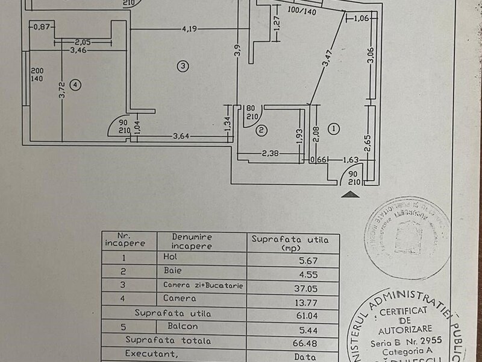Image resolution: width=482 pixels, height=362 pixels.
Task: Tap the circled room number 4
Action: tap(75, 85)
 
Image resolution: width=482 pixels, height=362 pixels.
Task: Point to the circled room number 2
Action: tap(261, 130)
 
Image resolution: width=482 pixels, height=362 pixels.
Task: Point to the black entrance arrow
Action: tap(350, 194)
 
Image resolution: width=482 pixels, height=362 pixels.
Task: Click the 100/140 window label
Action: tap(302, 11)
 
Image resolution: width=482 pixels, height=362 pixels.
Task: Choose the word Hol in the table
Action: tap(168, 257)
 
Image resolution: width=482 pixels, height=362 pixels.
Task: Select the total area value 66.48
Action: tap(307, 341)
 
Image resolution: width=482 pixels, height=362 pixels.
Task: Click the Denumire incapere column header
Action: tap(192, 241)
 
